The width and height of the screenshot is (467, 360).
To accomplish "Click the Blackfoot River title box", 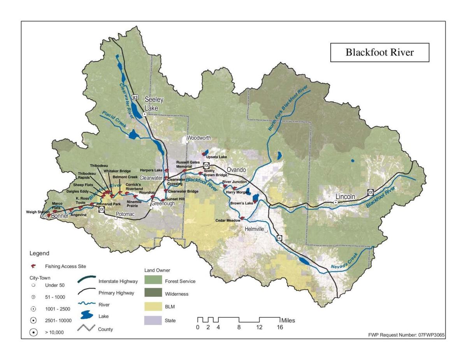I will [379, 52].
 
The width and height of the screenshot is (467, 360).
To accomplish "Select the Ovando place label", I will [237, 170].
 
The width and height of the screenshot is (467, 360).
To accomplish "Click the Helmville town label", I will [255, 229].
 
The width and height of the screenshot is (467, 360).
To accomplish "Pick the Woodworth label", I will [199, 138].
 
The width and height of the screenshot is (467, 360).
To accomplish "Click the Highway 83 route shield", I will [135, 96].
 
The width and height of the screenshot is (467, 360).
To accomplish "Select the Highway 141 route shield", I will [279, 237].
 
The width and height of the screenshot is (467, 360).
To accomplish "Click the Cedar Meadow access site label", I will [228, 220].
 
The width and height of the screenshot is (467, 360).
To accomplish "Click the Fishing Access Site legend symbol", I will [33, 266].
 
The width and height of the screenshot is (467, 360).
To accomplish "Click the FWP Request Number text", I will [406, 335].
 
